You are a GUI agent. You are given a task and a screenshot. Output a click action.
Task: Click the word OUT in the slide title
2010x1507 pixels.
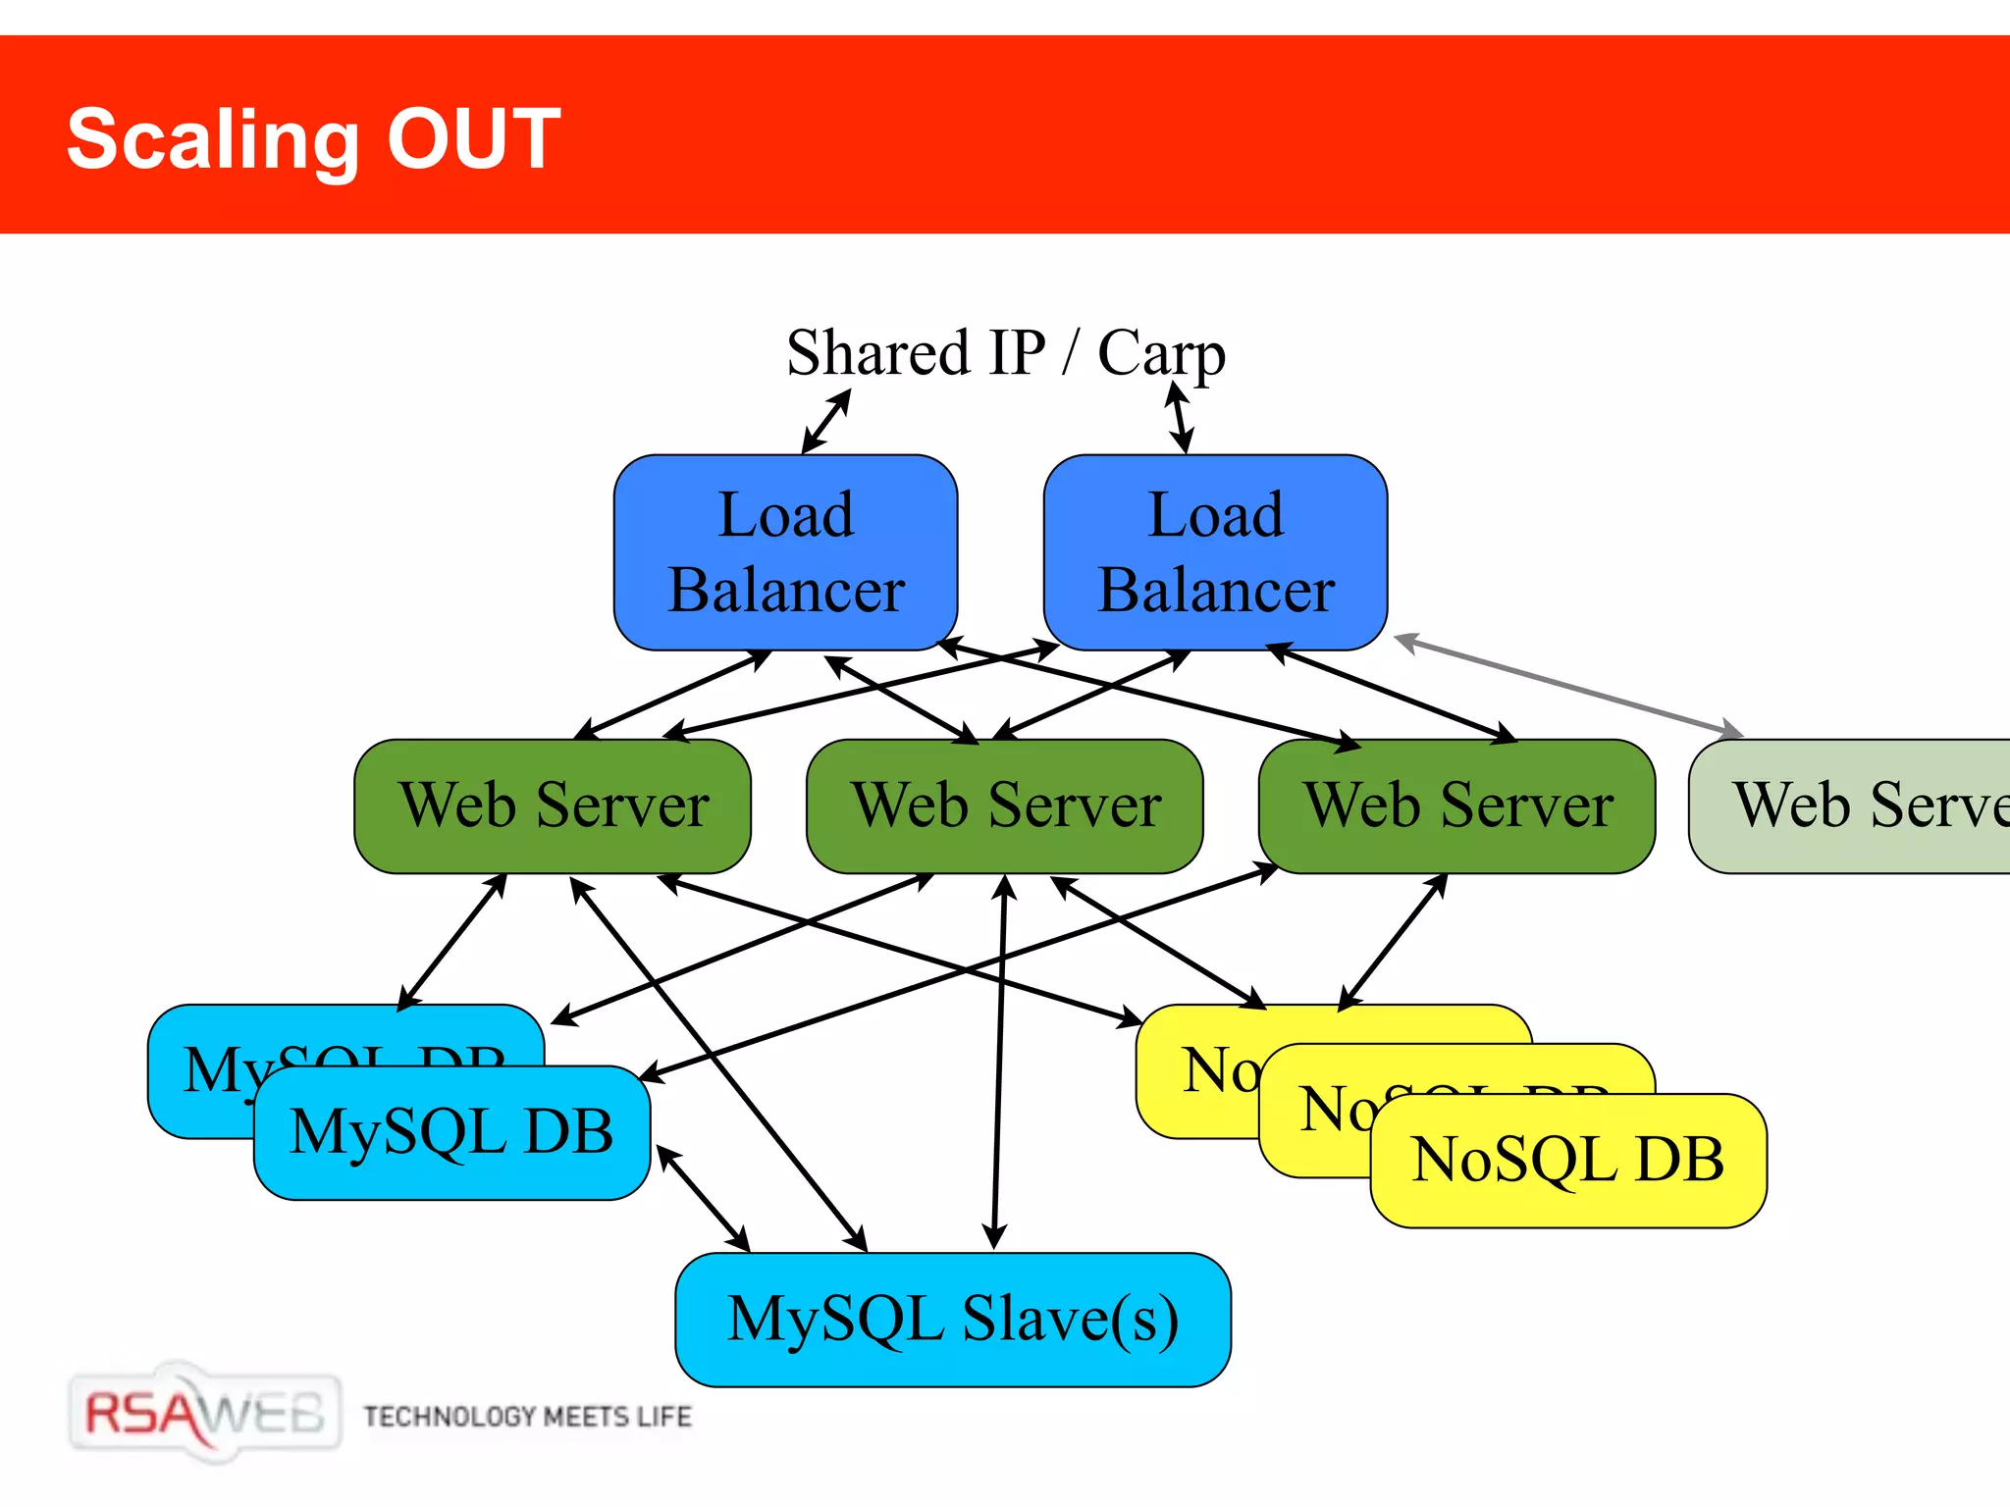tap(473, 139)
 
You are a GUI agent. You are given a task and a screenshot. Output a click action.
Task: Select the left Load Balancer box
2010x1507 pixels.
tap(785, 551)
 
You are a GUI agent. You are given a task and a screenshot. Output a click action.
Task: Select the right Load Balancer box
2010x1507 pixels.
tap(1215, 551)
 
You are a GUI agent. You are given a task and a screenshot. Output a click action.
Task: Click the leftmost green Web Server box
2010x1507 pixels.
tap(553, 805)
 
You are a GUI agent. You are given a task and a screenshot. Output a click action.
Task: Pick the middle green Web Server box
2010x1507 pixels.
tap(1005, 805)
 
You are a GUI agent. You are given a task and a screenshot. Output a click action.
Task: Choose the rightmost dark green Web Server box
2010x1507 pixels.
tap(1457, 805)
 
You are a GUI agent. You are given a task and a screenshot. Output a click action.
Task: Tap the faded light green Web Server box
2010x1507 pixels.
tap(1855, 805)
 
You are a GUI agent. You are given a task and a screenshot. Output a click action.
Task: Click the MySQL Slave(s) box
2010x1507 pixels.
tap(952, 1319)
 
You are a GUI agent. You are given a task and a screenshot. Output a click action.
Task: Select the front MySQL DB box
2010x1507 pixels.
tap(451, 1132)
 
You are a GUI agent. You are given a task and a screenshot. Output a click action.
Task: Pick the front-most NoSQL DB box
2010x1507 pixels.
tap(1567, 1160)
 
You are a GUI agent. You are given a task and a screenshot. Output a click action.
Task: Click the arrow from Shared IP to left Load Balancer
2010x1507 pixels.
tap(826, 422)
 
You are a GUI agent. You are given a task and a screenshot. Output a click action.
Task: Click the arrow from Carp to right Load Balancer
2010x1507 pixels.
tap(1179, 418)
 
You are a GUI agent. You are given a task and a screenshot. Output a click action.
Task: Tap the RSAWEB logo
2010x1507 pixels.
tap(204, 1413)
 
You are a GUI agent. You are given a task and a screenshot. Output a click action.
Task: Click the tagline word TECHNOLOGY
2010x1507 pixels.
tap(450, 1417)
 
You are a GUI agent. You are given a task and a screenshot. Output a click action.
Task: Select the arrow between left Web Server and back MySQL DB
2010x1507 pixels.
tap(451, 942)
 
